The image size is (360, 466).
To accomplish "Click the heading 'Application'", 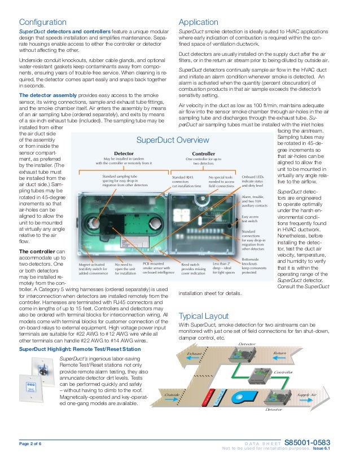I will click(x=198, y=22).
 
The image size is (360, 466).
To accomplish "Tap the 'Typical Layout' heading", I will click(x=203, y=316).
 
